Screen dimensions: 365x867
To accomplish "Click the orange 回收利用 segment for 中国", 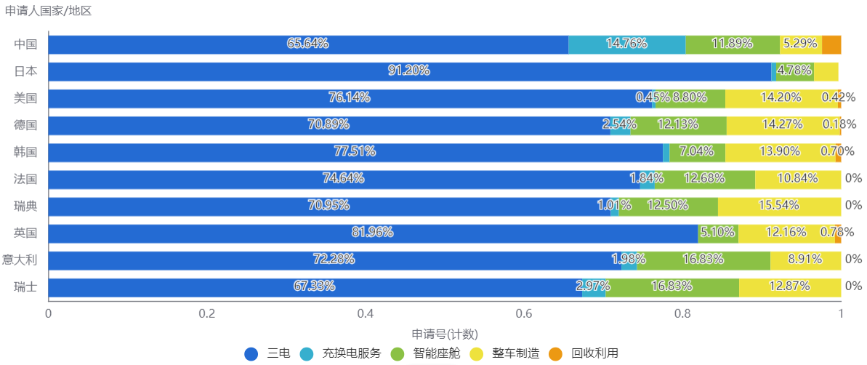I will pyautogui.click(x=831, y=44).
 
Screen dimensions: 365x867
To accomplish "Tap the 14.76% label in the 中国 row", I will pyautogui.click(x=626, y=44).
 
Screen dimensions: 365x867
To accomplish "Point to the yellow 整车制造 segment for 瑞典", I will pyautogui.click(x=779, y=206).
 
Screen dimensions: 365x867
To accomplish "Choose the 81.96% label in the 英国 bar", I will pyautogui.click(x=371, y=233).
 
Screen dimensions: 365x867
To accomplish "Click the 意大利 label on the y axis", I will pyautogui.click(x=20, y=260).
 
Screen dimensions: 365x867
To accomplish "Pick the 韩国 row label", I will pyautogui.click(x=25, y=152).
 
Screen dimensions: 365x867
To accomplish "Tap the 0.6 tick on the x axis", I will pyautogui.click(x=524, y=314).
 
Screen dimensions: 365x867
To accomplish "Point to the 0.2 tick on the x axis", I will pyautogui.click(x=207, y=314).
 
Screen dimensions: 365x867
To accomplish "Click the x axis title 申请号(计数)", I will pyautogui.click(x=444, y=334).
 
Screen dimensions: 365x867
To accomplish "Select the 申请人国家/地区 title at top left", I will pyautogui.click(x=48, y=11).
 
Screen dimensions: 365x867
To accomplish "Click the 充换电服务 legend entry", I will pyautogui.click(x=351, y=353).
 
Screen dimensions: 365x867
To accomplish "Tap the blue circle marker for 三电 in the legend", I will pyautogui.click(x=251, y=354).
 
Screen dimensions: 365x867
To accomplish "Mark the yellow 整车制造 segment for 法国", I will pyautogui.click(x=798, y=179).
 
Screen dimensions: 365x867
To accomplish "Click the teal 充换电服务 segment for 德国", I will pyautogui.click(x=620, y=125).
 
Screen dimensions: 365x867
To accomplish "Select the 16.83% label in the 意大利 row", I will pyautogui.click(x=702, y=260).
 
